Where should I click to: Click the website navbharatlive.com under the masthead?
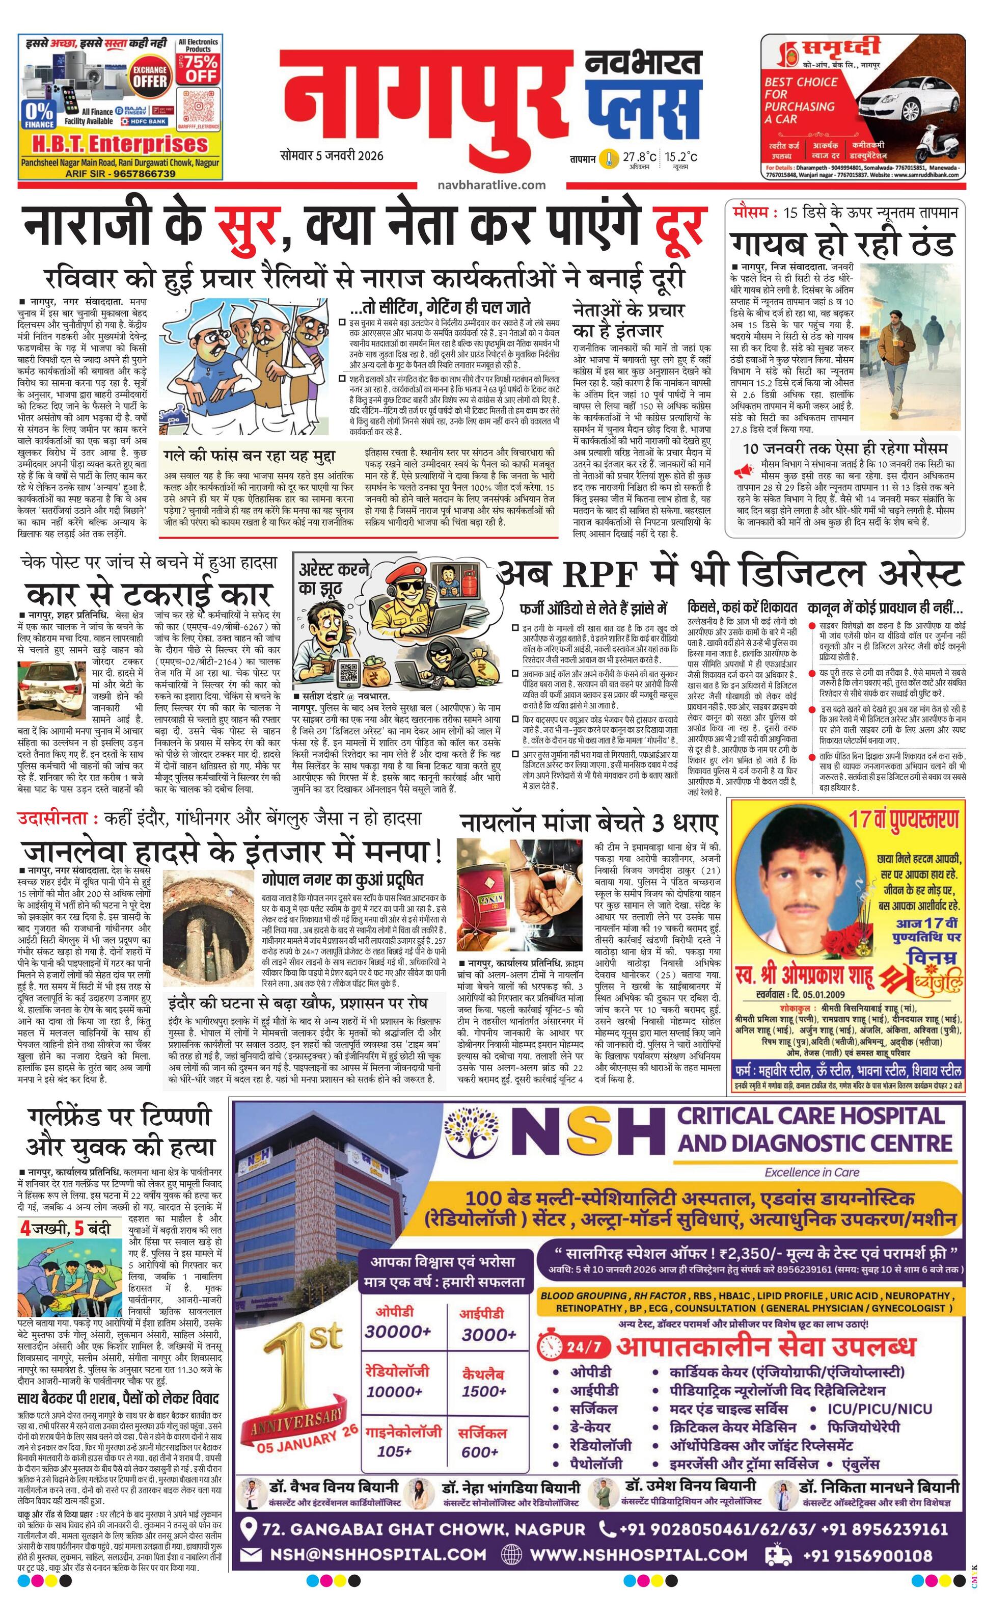[491, 184]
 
